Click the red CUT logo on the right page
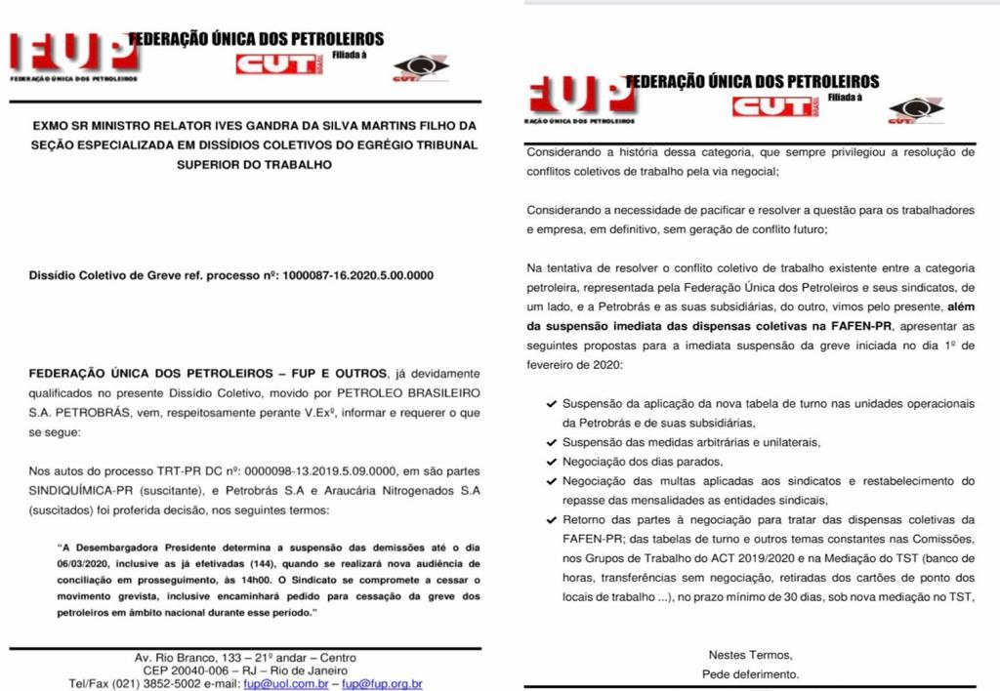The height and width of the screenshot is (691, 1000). (x=771, y=105)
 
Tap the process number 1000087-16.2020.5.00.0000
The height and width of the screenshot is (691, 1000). (x=357, y=275)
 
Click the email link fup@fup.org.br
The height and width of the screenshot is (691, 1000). (x=382, y=684)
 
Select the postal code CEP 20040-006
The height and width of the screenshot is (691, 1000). (x=188, y=671)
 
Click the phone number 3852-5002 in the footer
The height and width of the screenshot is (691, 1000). (x=173, y=684)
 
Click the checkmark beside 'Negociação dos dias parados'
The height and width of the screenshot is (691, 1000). (x=553, y=461)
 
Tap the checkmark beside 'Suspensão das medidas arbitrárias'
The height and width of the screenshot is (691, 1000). (x=553, y=442)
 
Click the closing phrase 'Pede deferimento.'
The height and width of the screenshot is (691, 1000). (x=750, y=674)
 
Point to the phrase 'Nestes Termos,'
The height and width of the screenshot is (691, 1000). (x=750, y=655)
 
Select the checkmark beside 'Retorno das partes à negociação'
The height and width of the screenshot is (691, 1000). (x=553, y=519)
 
